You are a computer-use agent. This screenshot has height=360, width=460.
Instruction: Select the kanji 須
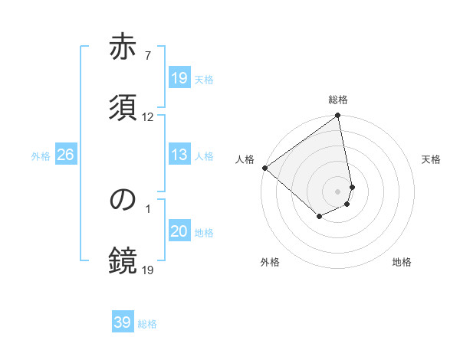click(x=123, y=107)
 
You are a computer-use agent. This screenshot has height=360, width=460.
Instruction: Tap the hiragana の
click(x=123, y=199)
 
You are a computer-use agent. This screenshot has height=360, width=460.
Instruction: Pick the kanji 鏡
click(x=123, y=260)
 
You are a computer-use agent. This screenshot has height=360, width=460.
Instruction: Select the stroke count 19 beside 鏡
click(x=147, y=270)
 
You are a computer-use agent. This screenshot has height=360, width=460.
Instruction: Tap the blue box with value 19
click(x=179, y=79)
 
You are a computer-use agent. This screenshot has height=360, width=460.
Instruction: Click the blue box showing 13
click(x=179, y=155)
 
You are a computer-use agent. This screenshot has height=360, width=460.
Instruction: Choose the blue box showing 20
click(x=179, y=232)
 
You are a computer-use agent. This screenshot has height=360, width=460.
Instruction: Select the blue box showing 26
click(x=65, y=155)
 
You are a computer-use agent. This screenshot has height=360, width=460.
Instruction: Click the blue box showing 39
click(x=123, y=323)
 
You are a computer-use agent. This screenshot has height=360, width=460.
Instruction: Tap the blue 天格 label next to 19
click(x=204, y=80)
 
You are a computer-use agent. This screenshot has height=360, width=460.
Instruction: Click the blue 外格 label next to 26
click(x=41, y=156)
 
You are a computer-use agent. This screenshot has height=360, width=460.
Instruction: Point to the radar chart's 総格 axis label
click(x=338, y=100)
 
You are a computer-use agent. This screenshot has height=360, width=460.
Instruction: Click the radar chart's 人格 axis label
click(x=245, y=159)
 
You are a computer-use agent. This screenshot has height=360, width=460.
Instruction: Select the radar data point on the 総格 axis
click(x=337, y=116)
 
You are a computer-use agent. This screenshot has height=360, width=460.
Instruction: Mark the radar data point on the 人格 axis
click(x=264, y=168)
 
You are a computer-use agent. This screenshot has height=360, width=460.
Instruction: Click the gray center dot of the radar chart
click(x=337, y=191)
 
